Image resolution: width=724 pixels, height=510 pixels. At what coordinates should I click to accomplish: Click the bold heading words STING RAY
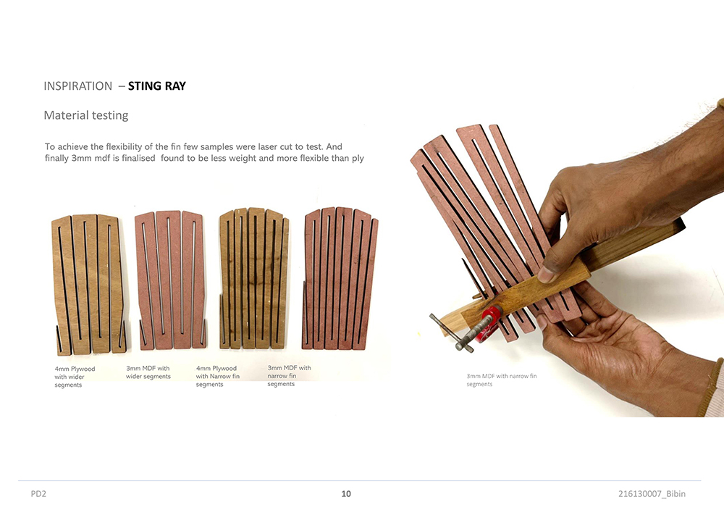(157, 86)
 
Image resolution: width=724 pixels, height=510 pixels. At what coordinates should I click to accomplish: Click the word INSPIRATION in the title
(78, 86)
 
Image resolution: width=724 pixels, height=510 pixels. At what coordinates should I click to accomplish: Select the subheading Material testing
(86, 115)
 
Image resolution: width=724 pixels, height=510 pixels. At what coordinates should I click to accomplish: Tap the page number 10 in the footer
(346, 494)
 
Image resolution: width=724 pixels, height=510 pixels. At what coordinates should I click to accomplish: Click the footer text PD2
(38, 494)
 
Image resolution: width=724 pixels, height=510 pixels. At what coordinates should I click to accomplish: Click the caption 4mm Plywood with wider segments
(75, 377)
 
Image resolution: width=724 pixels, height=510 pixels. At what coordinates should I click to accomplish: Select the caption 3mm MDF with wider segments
(148, 372)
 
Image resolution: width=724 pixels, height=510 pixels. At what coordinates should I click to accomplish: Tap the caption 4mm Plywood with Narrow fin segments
(217, 376)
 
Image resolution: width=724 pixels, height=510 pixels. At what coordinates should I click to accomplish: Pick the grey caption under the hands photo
(502, 380)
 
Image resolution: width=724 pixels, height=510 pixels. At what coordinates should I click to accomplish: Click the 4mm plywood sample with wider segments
(89, 284)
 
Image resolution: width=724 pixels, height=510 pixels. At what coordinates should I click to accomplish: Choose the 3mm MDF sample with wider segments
(170, 280)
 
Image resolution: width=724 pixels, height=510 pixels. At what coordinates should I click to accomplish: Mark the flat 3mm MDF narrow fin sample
(340, 278)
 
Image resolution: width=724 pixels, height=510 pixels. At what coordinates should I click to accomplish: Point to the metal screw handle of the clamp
(450, 333)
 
